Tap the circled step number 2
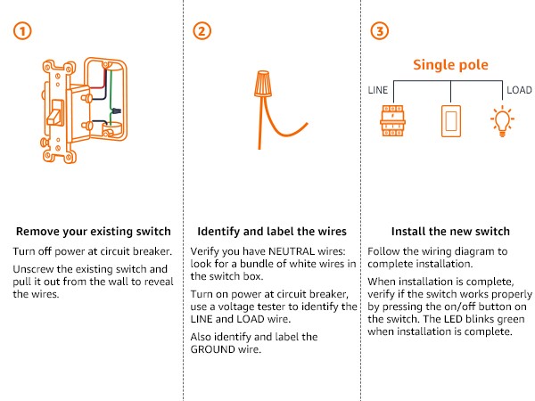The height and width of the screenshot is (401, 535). point(202,31)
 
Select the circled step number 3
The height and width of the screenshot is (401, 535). point(380,31)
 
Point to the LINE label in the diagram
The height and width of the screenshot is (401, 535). point(380,90)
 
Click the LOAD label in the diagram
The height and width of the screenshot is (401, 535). point(519,90)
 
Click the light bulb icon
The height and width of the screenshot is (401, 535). point(504,121)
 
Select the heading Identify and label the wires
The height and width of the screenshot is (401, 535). point(268,229)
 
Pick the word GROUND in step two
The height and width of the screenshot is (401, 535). point(217,351)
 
